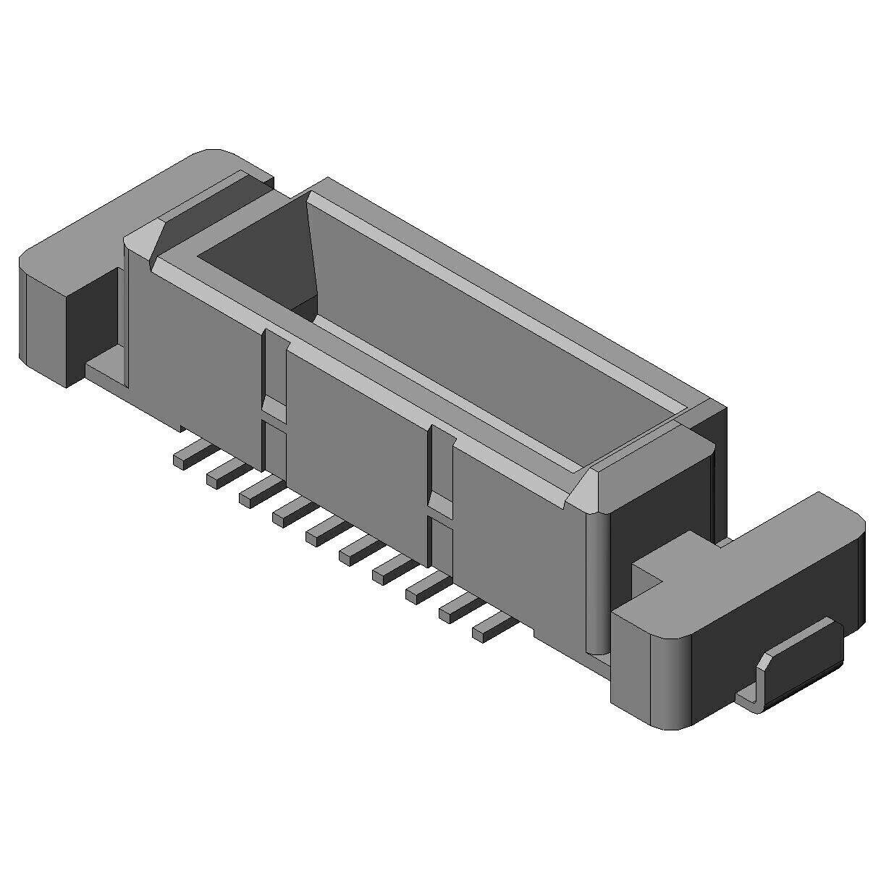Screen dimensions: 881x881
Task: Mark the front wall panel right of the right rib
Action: (x=518, y=543)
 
